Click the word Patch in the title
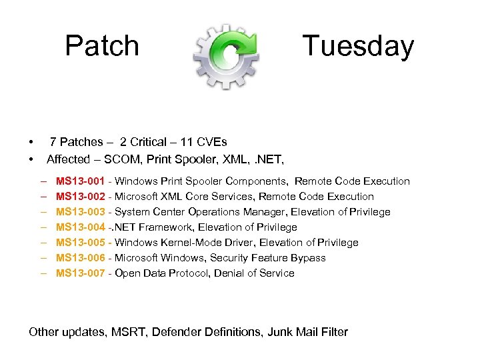point(102,46)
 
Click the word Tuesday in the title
point(358,46)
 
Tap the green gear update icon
point(226,56)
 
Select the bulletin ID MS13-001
point(80,181)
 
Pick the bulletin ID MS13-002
point(80,197)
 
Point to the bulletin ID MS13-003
point(80,212)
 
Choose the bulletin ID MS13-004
point(80,227)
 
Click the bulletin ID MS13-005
point(80,243)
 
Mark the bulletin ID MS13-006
point(80,258)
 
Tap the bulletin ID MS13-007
point(80,273)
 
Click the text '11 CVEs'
point(203,142)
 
